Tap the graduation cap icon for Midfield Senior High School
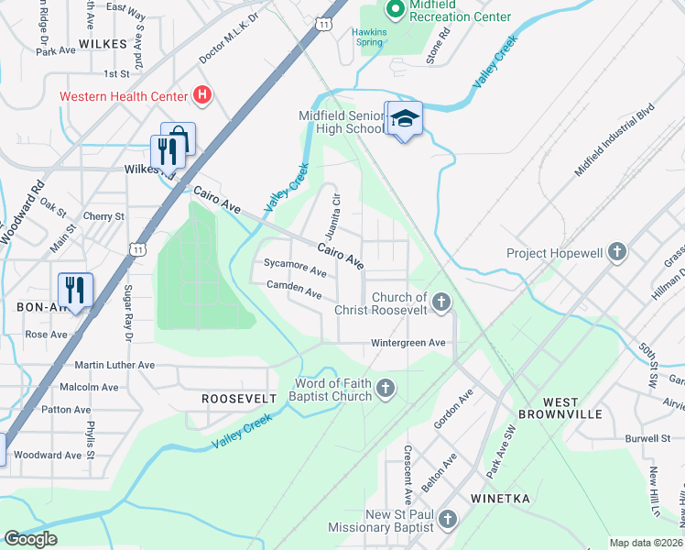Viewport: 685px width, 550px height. point(404,119)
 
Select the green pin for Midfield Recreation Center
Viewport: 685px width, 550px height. point(396,9)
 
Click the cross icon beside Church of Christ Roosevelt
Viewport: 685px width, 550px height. point(441,302)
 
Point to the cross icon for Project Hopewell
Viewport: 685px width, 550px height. point(617,252)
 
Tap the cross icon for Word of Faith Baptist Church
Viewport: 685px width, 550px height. point(386,390)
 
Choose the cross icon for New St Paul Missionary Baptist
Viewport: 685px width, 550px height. point(447,521)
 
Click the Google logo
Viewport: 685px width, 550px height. point(31,539)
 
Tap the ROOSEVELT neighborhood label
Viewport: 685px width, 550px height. point(239,399)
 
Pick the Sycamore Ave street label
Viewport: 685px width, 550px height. point(295,272)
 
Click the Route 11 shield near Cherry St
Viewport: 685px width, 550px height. point(137,248)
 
